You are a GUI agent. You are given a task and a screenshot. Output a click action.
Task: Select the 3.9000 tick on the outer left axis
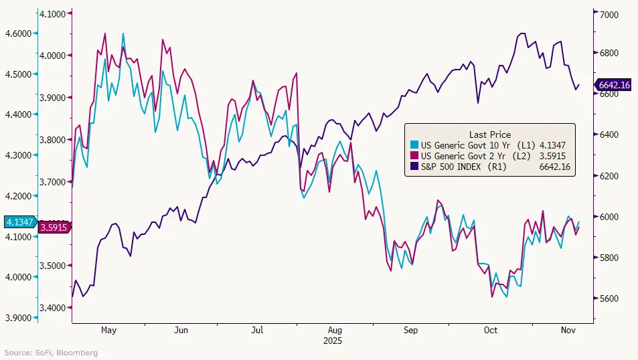click(18, 317)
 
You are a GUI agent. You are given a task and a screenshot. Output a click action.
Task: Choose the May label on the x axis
click(108, 331)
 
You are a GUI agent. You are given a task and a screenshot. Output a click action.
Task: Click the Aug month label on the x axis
click(336, 331)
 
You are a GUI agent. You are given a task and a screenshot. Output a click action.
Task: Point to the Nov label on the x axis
click(568, 331)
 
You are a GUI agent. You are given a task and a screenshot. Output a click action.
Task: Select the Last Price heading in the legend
click(490, 134)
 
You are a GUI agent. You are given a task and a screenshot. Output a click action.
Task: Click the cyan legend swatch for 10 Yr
click(415, 145)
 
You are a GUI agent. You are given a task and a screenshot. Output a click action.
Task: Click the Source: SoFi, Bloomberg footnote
click(51, 353)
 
